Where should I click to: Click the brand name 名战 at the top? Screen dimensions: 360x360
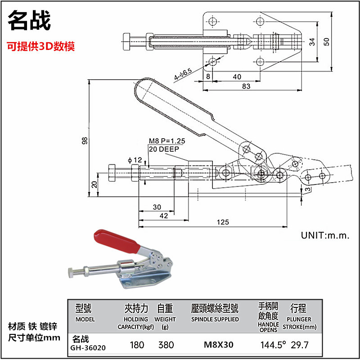point(30,21)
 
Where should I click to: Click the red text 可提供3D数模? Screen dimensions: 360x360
point(40,46)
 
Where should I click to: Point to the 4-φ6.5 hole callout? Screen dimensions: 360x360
point(183,75)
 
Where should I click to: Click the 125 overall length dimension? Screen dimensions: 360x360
point(222,222)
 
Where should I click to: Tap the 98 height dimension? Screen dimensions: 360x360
point(85,140)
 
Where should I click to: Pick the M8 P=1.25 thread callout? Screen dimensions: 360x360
point(167,141)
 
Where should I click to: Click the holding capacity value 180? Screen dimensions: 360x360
point(137,345)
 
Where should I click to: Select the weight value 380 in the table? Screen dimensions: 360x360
point(166,345)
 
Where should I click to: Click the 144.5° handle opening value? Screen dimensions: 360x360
point(274,345)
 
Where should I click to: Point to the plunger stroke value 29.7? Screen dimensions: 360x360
point(299,345)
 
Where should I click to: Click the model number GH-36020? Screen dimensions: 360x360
point(88,347)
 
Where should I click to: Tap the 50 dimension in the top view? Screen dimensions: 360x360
point(327,41)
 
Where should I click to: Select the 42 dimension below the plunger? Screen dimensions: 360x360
point(164,216)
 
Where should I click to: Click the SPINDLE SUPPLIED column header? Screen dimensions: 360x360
point(215,319)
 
